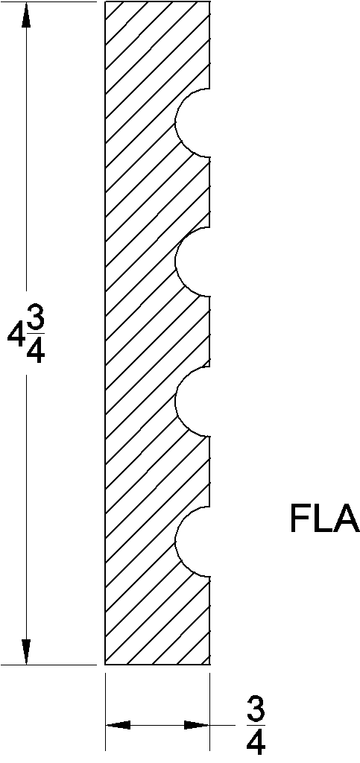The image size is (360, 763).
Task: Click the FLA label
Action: (x=324, y=520)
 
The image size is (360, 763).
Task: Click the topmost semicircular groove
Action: (x=194, y=122)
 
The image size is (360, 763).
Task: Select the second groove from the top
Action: (x=194, y=262)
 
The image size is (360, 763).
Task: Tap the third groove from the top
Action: (x=194, y=402)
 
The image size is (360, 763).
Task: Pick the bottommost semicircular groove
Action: (x=194, y=542)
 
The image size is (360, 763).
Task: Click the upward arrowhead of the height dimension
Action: (x=27, y=16)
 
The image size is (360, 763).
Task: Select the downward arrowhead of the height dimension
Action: (x=27, y=650)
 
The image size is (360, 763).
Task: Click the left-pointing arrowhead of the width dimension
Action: (x=119, y=724)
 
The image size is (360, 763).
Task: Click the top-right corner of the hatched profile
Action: (x=209, y=2)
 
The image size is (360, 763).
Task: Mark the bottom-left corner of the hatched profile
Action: (x=106, y=663)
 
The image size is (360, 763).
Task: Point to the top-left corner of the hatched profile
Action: (x=106, y=2)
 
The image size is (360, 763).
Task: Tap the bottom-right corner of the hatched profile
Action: (x=209, y=663)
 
